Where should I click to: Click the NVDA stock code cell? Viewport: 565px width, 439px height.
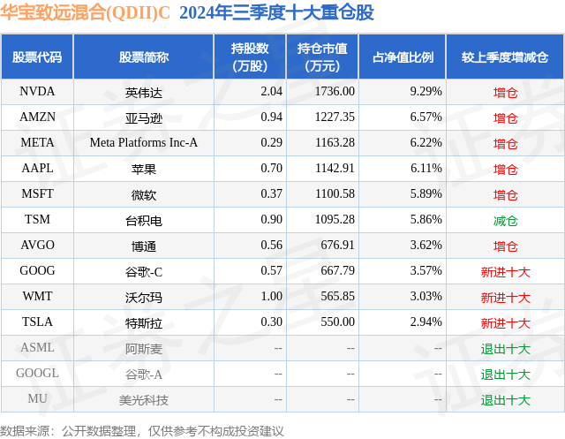coord(37,91)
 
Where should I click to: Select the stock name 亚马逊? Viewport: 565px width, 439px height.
coord(144,117)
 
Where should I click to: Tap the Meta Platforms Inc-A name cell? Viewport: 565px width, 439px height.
coord(144,142)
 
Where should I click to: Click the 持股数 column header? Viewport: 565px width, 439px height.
coord(251,57)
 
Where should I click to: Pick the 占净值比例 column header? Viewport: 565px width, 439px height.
coord(403,57)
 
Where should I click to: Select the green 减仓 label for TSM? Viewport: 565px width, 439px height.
coord(506,220)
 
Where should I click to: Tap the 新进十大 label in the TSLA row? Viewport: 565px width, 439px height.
coord(506,322)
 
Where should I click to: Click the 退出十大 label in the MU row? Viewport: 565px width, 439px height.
coord(506,399)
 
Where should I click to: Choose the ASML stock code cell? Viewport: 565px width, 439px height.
coord(37,348)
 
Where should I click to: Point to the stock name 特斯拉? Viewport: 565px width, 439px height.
coord(144,322)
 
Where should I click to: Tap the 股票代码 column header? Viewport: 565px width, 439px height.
coord(37,57)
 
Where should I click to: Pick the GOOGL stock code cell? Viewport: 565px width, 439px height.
coord(37,374)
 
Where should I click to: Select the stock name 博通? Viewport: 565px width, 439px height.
coord(144,246)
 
